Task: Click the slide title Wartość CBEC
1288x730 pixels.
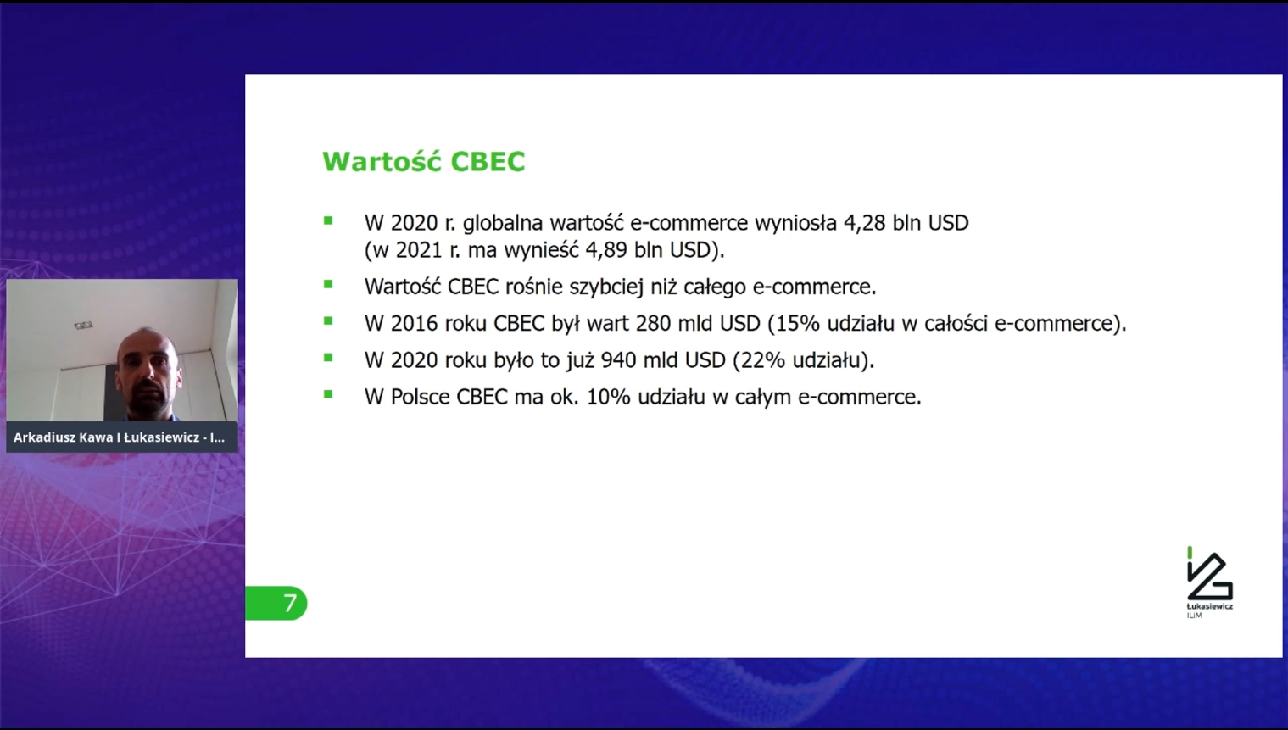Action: [424, 161]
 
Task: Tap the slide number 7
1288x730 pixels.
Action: [290, 603]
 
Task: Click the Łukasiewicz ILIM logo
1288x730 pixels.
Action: [1209, 582]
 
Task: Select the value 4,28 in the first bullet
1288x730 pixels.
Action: [864, 223]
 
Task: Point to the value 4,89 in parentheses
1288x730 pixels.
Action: [606, 250]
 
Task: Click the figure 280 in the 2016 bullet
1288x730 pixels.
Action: [653, 323]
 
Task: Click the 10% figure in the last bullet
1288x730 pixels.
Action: [608, 397]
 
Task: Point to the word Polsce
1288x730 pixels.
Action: [420, 397]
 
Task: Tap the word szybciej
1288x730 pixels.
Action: [606, 287]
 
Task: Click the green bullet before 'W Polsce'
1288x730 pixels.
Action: [328, 394]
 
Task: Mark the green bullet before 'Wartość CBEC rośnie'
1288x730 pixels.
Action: [328, 284]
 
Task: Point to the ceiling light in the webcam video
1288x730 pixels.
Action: [83, 326]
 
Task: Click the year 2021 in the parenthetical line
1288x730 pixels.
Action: [419, 250]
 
